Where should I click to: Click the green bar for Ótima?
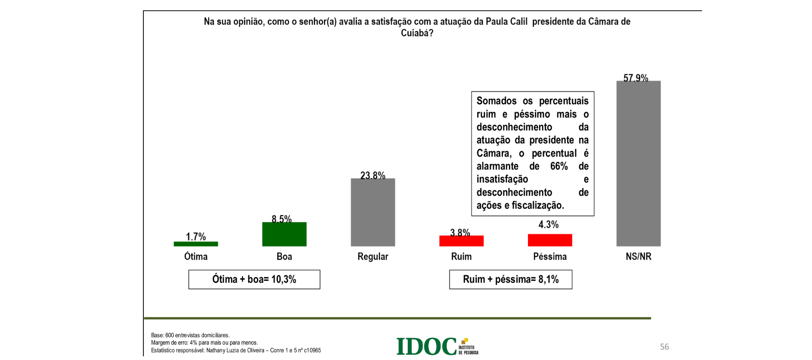[x=196, y=244]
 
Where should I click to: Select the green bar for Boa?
[x=284, y=234]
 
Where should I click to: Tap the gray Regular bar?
[x=372, y=212]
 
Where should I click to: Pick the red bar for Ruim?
[x=461, y=241]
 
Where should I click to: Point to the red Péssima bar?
[x=549, y=240]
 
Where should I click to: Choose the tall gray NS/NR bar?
[x=638, y=163]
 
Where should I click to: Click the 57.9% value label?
[x=636, y=78]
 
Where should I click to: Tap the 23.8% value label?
[x=372, y=175]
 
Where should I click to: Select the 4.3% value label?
[x=548, y=224]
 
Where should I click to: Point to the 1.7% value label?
[x=196, y=237]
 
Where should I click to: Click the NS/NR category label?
[x=638, y=257]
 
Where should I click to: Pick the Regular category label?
[x=372, y=257]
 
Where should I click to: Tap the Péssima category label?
[x=550, y=257]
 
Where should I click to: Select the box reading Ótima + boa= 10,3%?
[x=254, y=279]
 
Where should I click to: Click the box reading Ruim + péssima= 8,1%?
[x=510, y=279]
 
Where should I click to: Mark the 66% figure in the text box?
[x=559, y=166]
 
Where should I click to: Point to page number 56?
[x=664, y=346]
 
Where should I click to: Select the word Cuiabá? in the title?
[x=417, y=33]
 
